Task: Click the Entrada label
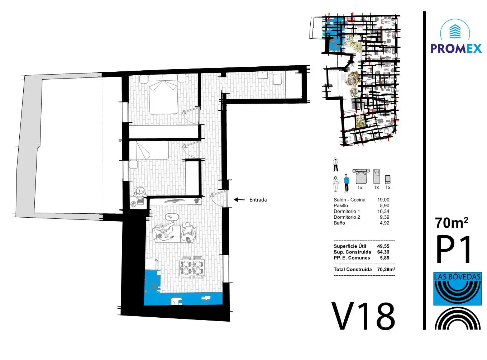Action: (258, 200)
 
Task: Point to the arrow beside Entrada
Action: (239, 200)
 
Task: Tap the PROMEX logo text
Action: (456, 48)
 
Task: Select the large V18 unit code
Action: (363, 317)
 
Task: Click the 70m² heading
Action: (452, 223)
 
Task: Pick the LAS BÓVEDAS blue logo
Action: (457, 289)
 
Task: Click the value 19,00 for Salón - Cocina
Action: (383, 200)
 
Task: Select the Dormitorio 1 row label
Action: (347, 212)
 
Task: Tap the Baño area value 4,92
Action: (385, 223)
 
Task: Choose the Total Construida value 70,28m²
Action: (386, 269)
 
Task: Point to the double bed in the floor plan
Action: (163, 94)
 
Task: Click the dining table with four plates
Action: (192, 267)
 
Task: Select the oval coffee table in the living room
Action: (172, 217)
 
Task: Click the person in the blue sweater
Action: (346, 183)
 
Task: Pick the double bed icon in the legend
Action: (361, 176)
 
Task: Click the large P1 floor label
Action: (453, 250)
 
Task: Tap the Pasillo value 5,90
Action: (385, 206)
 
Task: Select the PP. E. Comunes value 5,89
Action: (385, 258)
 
